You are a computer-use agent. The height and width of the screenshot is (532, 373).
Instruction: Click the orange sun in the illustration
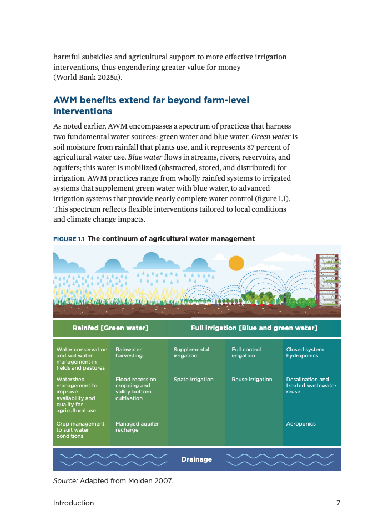(x=236, y=263)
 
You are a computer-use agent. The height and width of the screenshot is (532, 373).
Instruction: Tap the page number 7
(x=338, y=503)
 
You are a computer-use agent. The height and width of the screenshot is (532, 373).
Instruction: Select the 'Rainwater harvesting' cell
(x=128, y=352)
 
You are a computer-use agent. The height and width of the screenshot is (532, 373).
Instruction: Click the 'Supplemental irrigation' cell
(x=191, y=352)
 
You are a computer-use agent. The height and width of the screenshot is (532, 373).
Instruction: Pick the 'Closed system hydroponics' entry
(x=305, y=352)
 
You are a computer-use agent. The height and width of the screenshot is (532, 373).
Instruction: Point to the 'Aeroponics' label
(x=301, y=424)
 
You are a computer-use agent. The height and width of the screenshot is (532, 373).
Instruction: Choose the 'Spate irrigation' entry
(x=193, y=380)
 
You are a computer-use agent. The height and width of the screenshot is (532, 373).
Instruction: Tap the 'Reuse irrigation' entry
(x=251, y=380)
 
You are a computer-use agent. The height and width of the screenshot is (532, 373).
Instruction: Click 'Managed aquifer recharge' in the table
(x=137, y=427)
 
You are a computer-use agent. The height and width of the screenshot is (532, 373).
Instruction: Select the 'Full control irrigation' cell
(x=246, y=352)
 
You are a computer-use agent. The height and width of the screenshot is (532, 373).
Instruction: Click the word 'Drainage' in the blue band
(x=196, y=459)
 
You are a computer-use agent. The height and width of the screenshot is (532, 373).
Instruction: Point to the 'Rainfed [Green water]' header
(x=110, y=328)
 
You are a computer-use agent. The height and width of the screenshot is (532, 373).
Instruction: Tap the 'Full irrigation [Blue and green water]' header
(x=254, y=328)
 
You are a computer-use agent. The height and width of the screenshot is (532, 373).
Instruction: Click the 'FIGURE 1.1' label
(x=69, y=239)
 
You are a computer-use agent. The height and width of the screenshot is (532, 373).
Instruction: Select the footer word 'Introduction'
(x=73, y=503)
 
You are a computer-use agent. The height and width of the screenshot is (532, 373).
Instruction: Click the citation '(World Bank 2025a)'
(x=87, y=78)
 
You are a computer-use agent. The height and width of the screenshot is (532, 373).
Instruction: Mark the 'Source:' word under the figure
(x=65, y=480)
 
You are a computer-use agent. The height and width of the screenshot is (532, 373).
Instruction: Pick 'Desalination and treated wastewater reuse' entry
(x=311, y=386)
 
